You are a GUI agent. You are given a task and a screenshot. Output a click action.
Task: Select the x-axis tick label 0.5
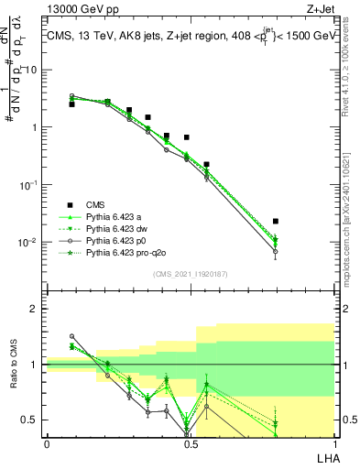point(190,442)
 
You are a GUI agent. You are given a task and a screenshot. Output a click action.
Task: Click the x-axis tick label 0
point(47,442)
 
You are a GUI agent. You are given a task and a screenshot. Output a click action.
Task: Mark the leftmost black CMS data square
point(72,104)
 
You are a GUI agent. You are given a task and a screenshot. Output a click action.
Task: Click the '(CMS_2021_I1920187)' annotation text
point(190,273)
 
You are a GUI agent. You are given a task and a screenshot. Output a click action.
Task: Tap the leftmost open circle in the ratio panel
point(72,336)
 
